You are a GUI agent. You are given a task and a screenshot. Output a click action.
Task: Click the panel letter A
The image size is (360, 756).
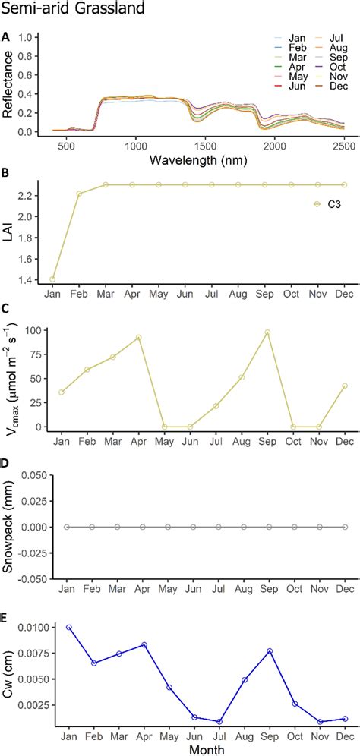tap(6, 36)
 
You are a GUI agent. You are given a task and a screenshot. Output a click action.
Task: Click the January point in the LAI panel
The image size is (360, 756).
tap(52, 279)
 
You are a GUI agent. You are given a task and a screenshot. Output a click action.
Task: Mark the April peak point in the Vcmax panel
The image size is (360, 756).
tap(139, 338)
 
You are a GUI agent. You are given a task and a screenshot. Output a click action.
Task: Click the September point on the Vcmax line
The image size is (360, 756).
tap(267, 332)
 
